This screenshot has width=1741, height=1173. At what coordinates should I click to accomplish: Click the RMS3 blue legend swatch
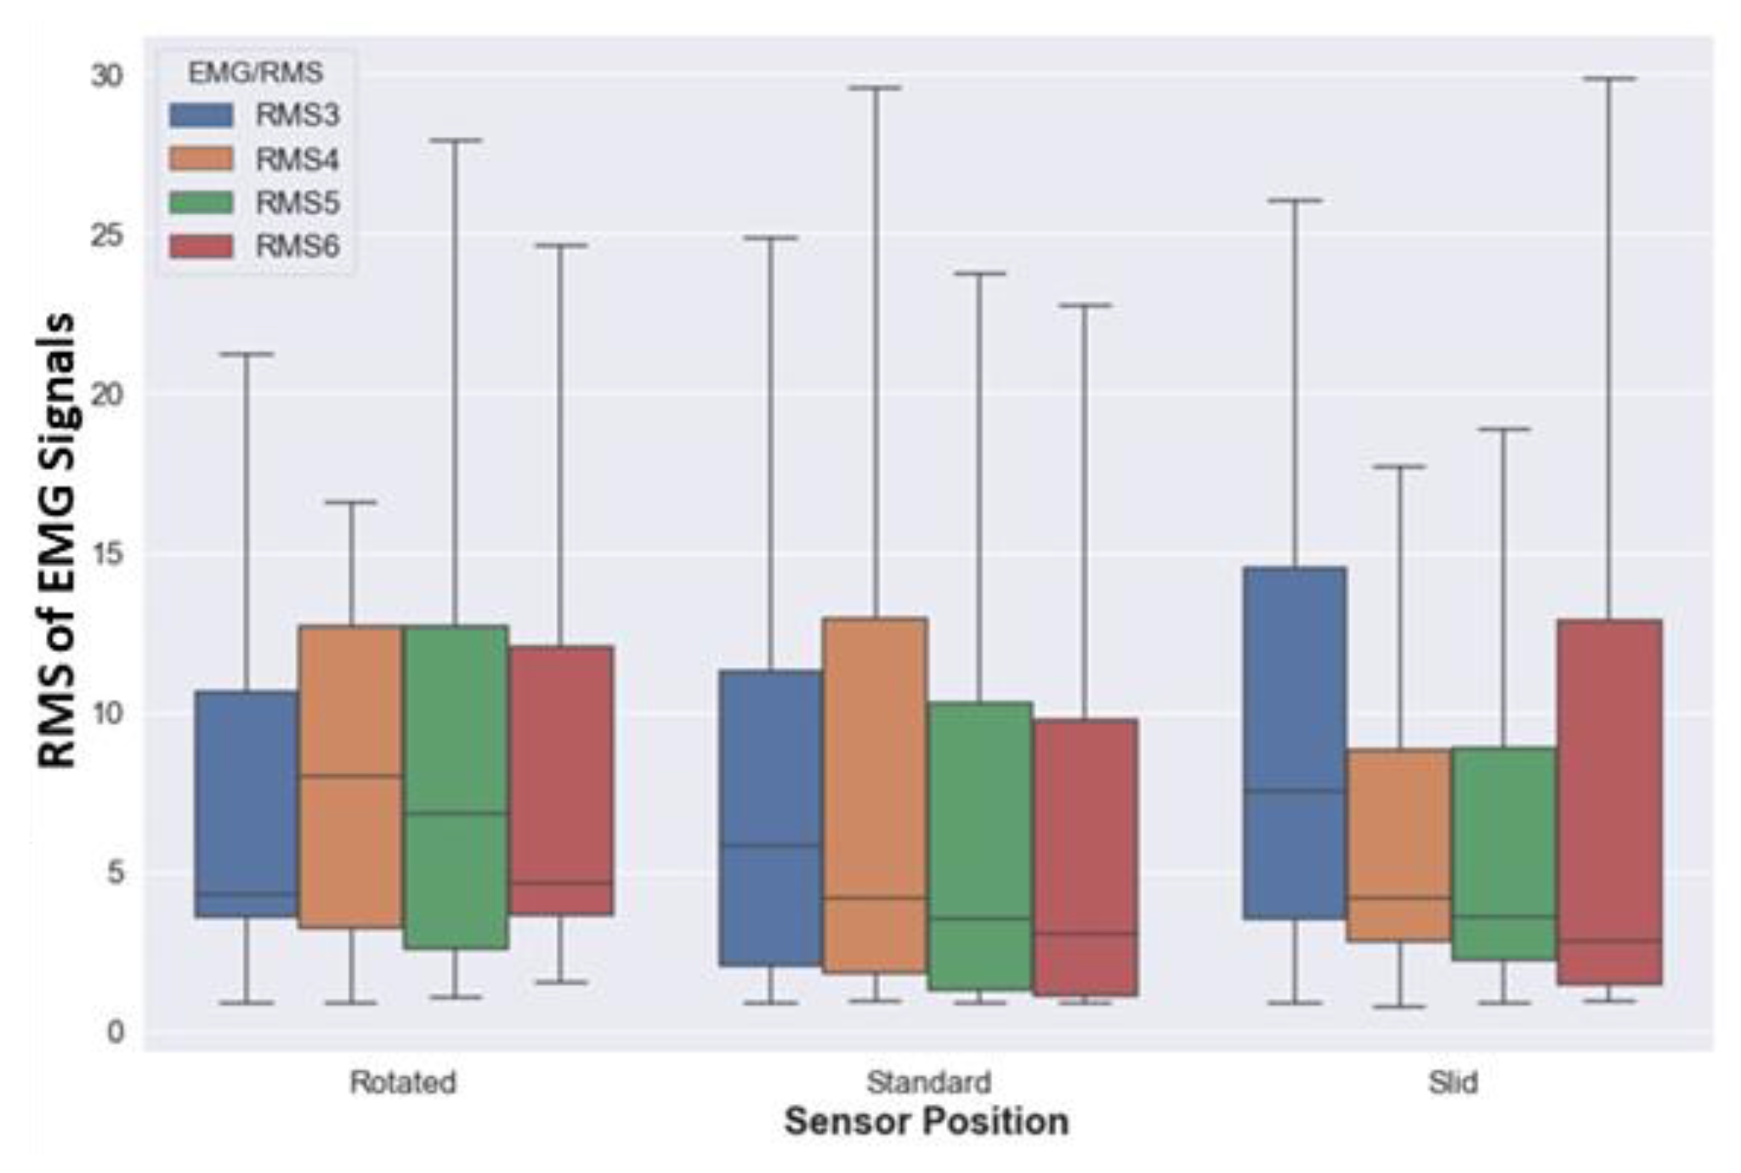click(201, 115)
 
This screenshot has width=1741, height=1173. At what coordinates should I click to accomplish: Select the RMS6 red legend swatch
click(201, 246)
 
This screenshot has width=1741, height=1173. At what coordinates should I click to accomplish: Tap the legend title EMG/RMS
click(255, 73)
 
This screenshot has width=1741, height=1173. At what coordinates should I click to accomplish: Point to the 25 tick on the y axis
click(107, 235)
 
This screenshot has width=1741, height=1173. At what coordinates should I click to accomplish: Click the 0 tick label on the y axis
click(116, 1033)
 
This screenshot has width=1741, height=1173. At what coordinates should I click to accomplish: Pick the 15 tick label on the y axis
click(107, 554)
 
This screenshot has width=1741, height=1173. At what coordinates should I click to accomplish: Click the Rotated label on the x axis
click(403, 1083)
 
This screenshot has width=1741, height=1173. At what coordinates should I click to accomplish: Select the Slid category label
click(1452, 1083)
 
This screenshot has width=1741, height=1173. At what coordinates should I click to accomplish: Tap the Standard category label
click(928, 1083)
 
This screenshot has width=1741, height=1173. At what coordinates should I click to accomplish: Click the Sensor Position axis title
click(927, 1122)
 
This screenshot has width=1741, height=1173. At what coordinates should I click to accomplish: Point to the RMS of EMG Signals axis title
click(58, 541)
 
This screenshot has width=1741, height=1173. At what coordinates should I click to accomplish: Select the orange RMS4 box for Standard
click(875, 765)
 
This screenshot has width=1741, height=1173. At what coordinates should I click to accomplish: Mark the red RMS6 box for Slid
click(1609, 765)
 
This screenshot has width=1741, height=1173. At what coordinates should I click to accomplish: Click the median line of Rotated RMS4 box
click(350, 775)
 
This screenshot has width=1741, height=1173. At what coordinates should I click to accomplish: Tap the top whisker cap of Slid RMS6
click(1609, 78)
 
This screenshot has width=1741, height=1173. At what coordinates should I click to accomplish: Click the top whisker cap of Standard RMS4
click(875, 88)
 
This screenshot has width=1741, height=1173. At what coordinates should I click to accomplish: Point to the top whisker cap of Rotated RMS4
click(350, 502)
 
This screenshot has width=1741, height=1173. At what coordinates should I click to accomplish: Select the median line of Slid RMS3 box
click(1295, 790)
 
